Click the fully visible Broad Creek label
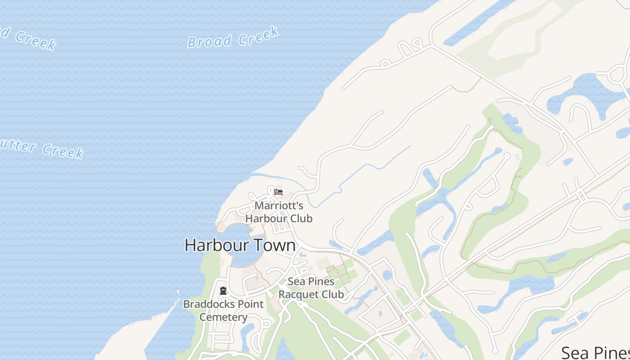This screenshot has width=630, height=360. click(233, 38)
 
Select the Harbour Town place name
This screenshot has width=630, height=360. click(240, 245)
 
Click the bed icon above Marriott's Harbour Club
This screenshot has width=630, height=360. click(279, 192)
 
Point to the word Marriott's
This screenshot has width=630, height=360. click(279, 206)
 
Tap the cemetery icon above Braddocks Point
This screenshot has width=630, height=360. click(223, 291)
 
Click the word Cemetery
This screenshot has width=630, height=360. click(224, 317)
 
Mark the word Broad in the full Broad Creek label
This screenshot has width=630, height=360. click(209, 41)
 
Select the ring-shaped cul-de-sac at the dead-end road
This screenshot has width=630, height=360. click(507, 156)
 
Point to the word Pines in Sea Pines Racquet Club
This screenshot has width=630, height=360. click(322, 282)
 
